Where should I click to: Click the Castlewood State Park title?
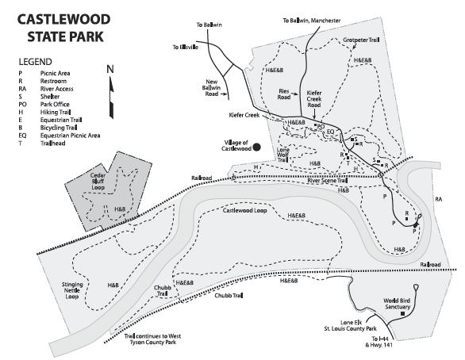click(63, 28)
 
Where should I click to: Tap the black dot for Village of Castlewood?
click(256, 147)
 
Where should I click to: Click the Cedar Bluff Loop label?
click(98, 182)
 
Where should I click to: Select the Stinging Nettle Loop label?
click(72, 290)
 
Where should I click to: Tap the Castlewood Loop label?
click(244, 210)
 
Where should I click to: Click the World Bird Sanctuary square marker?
click(402, 313)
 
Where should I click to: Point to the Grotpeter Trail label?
click(361, 40)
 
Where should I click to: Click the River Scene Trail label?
click(328, 181)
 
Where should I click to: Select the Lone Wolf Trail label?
click(283, 155)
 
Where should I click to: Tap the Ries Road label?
click(284, 94)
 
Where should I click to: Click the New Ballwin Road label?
click(211, 88)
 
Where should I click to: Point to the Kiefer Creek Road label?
click(314, 99)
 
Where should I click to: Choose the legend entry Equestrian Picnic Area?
click(60, 136)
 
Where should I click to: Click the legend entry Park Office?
click(44, 105)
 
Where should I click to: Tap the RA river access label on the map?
click(438, 199)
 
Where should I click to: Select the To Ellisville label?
click(186, 47)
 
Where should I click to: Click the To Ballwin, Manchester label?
click(311, 21)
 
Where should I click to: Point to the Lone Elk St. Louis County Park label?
click(350, 325)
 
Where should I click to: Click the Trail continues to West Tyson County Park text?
click(152, 339)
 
